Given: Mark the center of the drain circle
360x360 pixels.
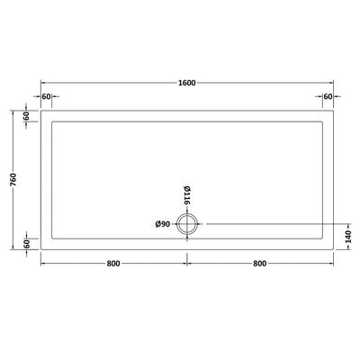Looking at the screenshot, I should (x=188, y=225).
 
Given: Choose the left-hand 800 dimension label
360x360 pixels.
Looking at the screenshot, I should (x=114, y=264).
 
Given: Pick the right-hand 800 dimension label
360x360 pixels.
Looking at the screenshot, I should (x=261, y=264).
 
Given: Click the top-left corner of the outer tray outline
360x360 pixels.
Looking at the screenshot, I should (x=40, y=110).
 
